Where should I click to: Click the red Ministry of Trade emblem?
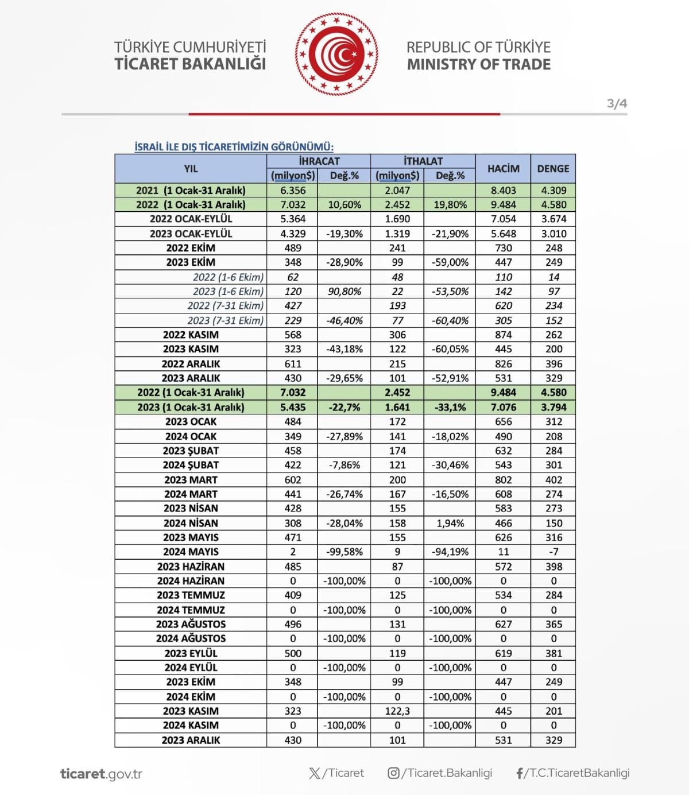(x=336, y=55)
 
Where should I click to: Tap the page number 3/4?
(x=617, y=104)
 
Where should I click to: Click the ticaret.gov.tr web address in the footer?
(x=101, y=774)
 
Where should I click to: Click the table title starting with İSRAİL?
(x=234, y=147)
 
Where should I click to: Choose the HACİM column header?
(x=503, y=169)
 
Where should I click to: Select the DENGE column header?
(x=553, y=169)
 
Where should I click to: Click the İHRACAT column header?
(x=319, y=161)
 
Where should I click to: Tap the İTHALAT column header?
(x=423, y=161)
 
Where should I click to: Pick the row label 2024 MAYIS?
(x=191, y=552)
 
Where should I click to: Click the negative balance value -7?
(x=553, y=552)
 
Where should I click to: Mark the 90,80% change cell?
(x=344, y=292)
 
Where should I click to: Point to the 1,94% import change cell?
(x=450, y=523)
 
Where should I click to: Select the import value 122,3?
(x=397, y=711)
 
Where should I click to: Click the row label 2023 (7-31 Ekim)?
(x=225, y=320)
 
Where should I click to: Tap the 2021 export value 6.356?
(x=293, y=191)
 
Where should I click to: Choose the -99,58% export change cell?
(x=344, y=552)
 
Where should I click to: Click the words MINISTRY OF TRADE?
(x=478, y=64)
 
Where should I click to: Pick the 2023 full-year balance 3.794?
(x=553, y=408)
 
